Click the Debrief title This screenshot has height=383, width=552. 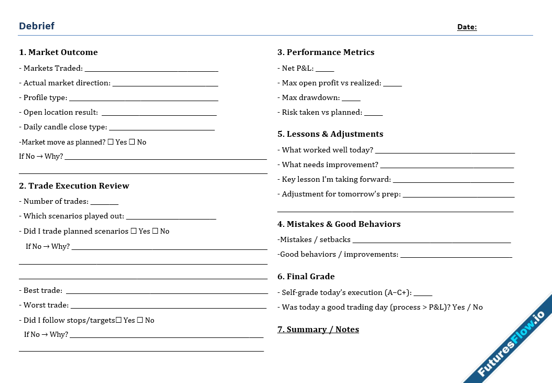(37, 26)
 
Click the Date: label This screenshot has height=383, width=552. (467, 27)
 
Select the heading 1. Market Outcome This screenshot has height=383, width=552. (58, 52)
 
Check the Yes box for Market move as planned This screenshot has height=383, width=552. (110, 142)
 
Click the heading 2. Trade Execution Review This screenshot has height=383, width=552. (74, 186)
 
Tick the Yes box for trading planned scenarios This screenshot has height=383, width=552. (134, 231)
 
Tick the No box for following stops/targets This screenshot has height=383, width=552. (140, 320)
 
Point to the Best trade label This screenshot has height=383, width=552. (42, 290)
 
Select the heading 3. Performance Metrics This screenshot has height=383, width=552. (326, 52)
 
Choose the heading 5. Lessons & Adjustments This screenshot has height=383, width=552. (330, 134)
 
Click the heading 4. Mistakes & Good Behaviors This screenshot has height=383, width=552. (339, 224)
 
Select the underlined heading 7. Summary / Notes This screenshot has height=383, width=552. (318, 330)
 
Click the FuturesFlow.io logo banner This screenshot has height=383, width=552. (511, 341)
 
